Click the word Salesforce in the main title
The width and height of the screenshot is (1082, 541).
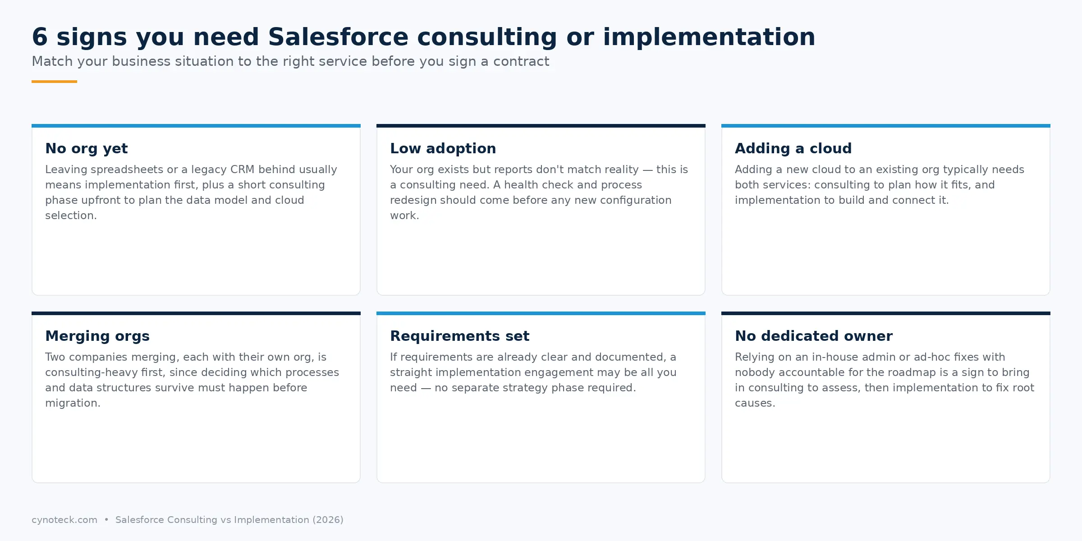click(338, 37)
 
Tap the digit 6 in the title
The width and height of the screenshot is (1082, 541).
click(40, 37)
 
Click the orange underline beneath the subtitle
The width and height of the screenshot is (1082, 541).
click(54, 82)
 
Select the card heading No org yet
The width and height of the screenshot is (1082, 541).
click(87, 149)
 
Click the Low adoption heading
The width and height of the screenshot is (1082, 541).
click(443, 149)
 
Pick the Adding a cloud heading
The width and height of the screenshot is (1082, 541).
click(793, 149)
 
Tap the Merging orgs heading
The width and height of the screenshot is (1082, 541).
click(97, 336)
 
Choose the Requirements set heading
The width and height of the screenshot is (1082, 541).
click(460, 336)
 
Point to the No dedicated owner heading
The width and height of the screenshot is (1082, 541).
click(814, 336)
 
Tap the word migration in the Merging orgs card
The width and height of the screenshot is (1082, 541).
click(72, 403)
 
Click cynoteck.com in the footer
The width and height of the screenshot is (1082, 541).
click(64, 520)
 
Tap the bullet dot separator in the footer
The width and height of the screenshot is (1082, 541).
click(106, 520)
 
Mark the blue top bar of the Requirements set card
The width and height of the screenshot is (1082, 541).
click(541, 313)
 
